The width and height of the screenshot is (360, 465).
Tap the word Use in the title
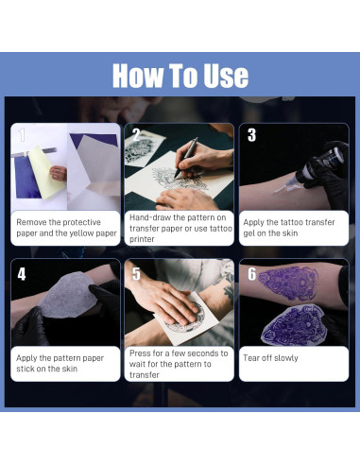coord(222,76)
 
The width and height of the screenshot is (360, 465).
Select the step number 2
coord(136,134)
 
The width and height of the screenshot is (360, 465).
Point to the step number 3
coord(250,134)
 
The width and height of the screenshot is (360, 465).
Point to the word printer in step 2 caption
coord(144,239)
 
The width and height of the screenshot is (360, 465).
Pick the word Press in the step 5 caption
coord(144,353)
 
